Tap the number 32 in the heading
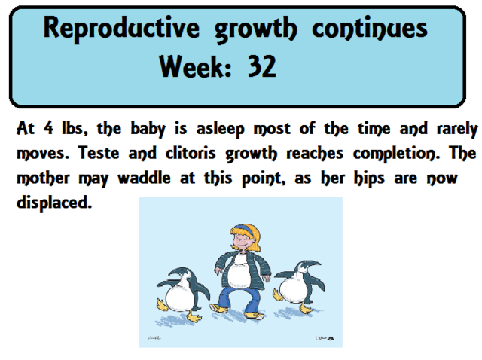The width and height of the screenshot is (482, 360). coord(261,69)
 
